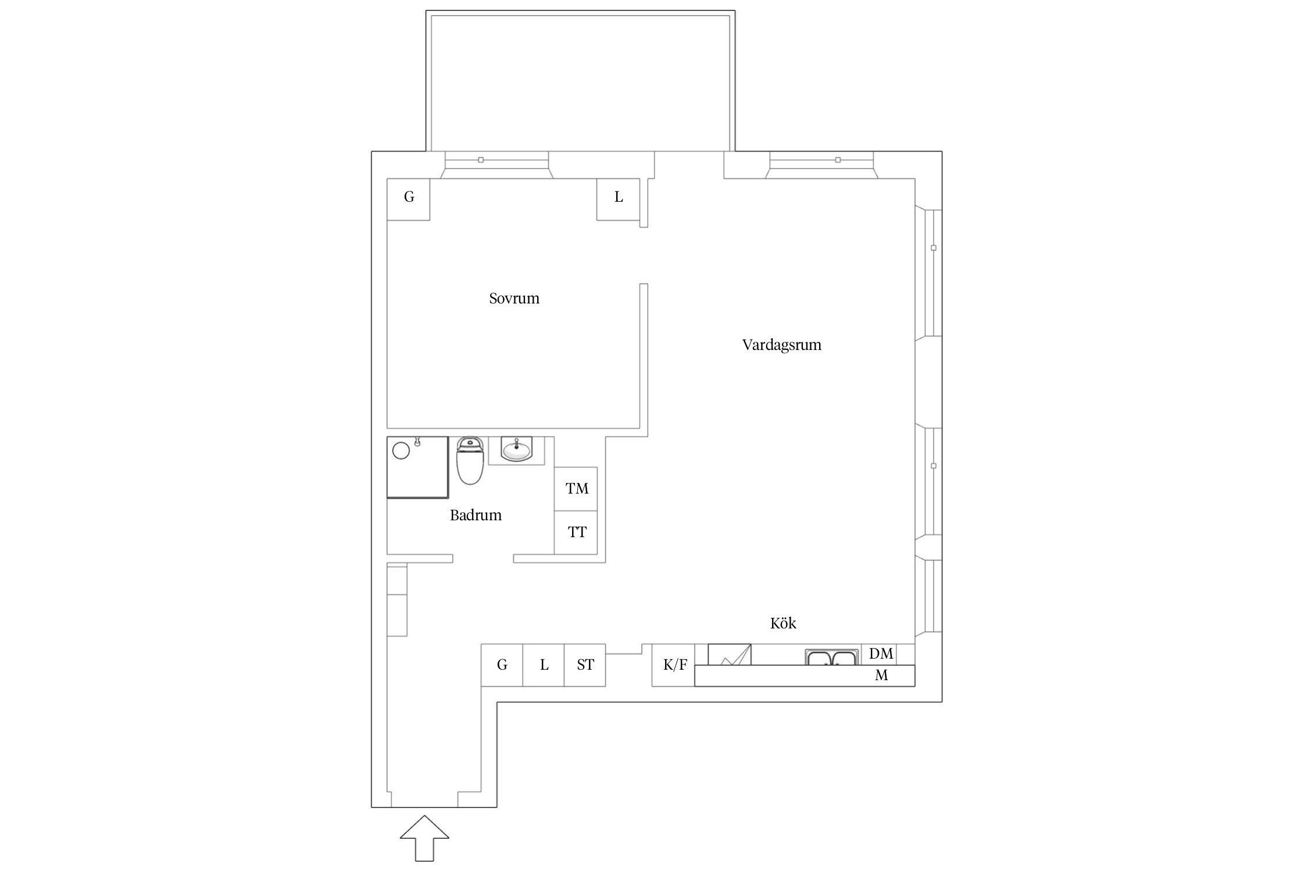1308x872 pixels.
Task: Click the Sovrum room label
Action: (514, 298)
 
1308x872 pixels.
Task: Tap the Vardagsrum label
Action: (781, 345)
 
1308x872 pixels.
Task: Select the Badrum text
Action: (476, 515)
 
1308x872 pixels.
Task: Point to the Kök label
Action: (783, 623)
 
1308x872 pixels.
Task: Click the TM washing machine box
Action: (576, 489)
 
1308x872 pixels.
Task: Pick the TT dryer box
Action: (576, 533)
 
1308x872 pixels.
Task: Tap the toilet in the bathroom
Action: (470, 461)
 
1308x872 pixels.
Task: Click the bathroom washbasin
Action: (516, 451)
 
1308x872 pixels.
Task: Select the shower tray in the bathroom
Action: (417, 467)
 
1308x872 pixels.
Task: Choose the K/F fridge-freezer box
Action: (674, 665)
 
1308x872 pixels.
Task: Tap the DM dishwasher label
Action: (881, 653)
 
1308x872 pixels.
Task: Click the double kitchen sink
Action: (831, 657)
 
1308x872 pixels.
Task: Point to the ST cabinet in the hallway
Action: (585, 665)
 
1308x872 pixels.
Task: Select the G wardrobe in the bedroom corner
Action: (409, 199)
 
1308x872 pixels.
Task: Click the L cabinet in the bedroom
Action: (619, 199)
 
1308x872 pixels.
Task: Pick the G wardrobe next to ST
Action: (502, 665)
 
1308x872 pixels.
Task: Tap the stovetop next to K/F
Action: (730, 655)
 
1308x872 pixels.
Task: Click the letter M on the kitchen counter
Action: (881, 676)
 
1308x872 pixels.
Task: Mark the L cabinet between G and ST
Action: (544, 665)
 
